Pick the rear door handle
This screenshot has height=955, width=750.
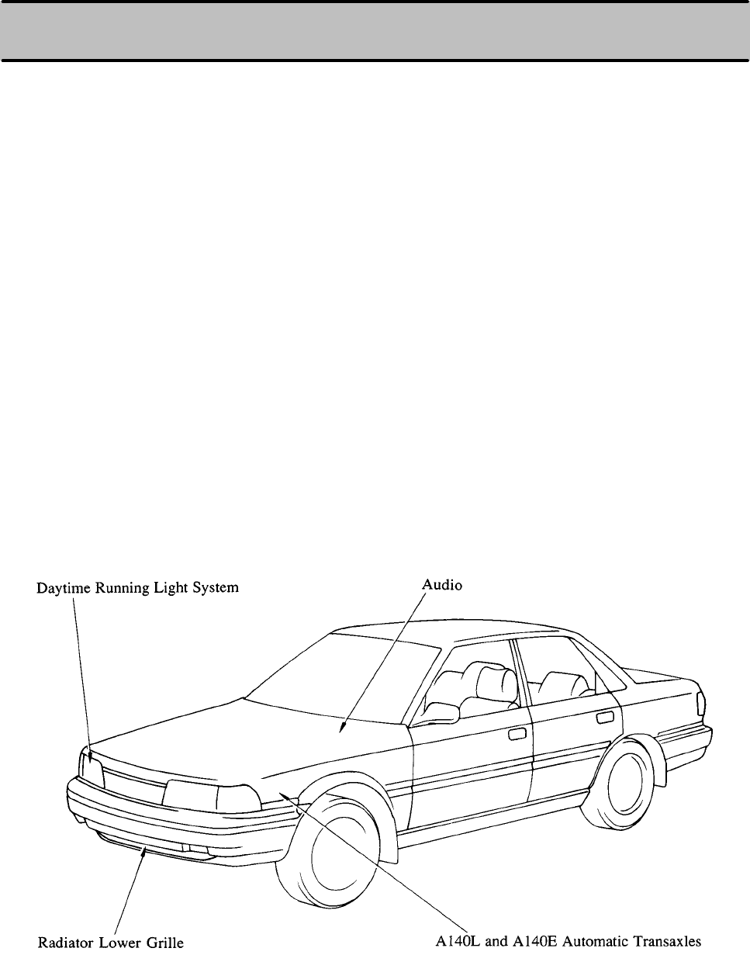pos(605,718)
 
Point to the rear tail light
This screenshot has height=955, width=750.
pos(701,703)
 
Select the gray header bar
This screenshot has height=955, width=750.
pos(375,31)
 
